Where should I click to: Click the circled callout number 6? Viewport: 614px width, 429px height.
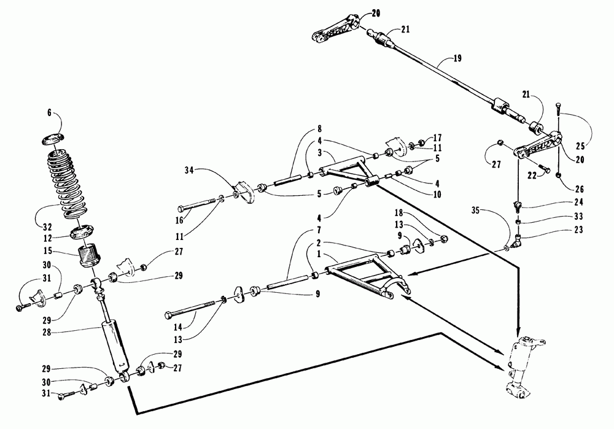(x=50, y=114)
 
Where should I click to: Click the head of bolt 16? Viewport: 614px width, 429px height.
(x=181, y=207)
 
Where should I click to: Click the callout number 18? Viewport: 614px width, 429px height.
(x=400, y=214)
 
